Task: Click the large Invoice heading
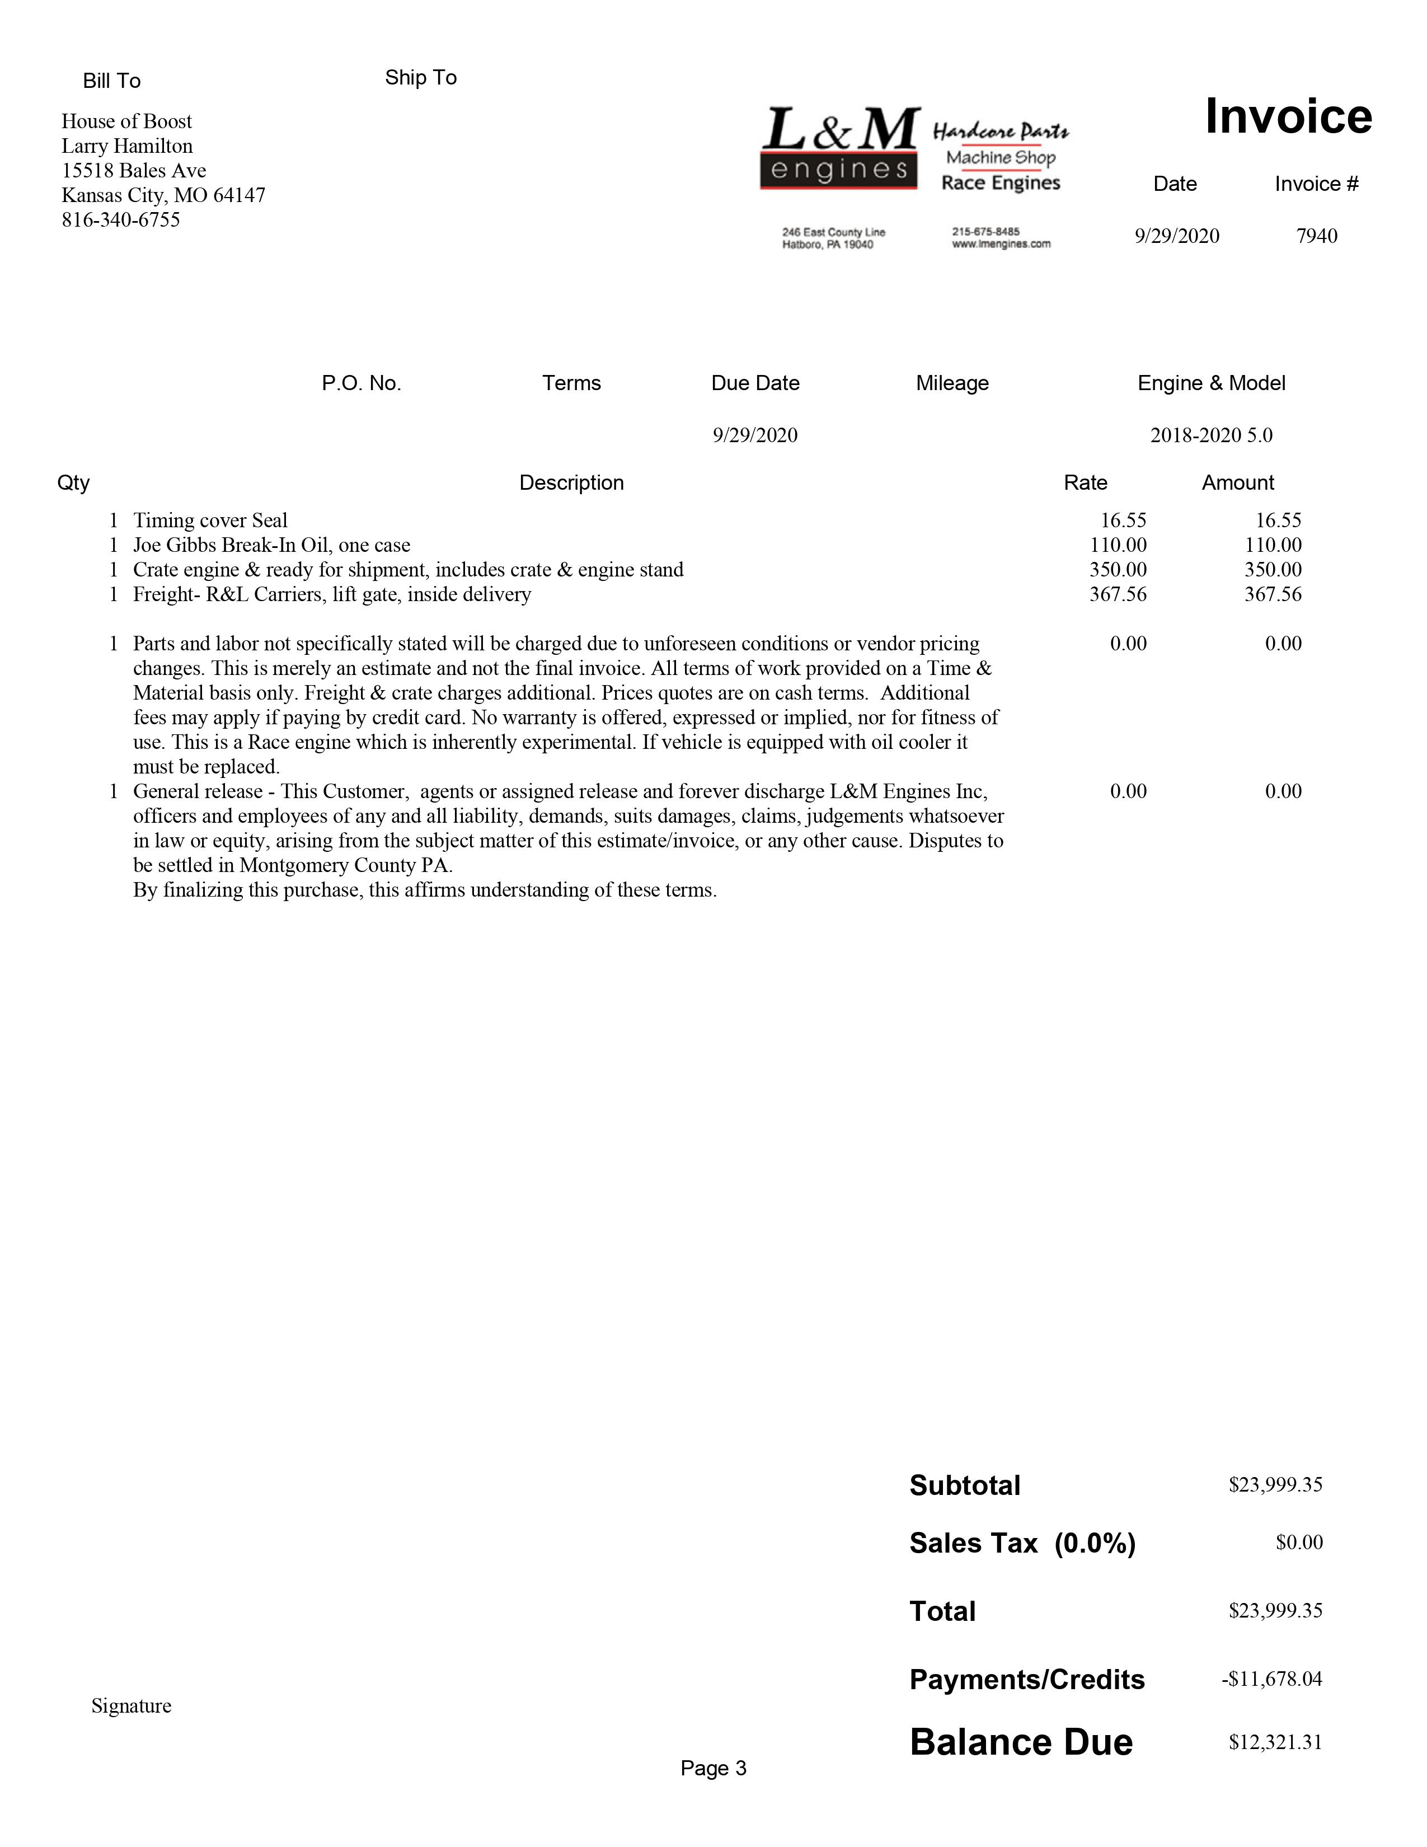[1288, 117]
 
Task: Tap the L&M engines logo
[839, 148]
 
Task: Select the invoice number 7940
[1316, 236]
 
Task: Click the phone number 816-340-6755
[121, 220]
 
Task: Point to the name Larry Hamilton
[127, 146]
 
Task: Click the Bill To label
[111, 81]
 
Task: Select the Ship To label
[420, 78]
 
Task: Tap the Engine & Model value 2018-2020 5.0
[1210, 435]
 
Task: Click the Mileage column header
[952, 383]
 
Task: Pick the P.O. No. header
[361, 383]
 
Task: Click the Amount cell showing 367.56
[1273, 594]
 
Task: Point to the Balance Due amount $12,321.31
[1275, 1743]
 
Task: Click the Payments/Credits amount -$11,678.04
[1271, 1679]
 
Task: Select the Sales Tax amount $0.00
[1298, 1543]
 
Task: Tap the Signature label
[131, 1706]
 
